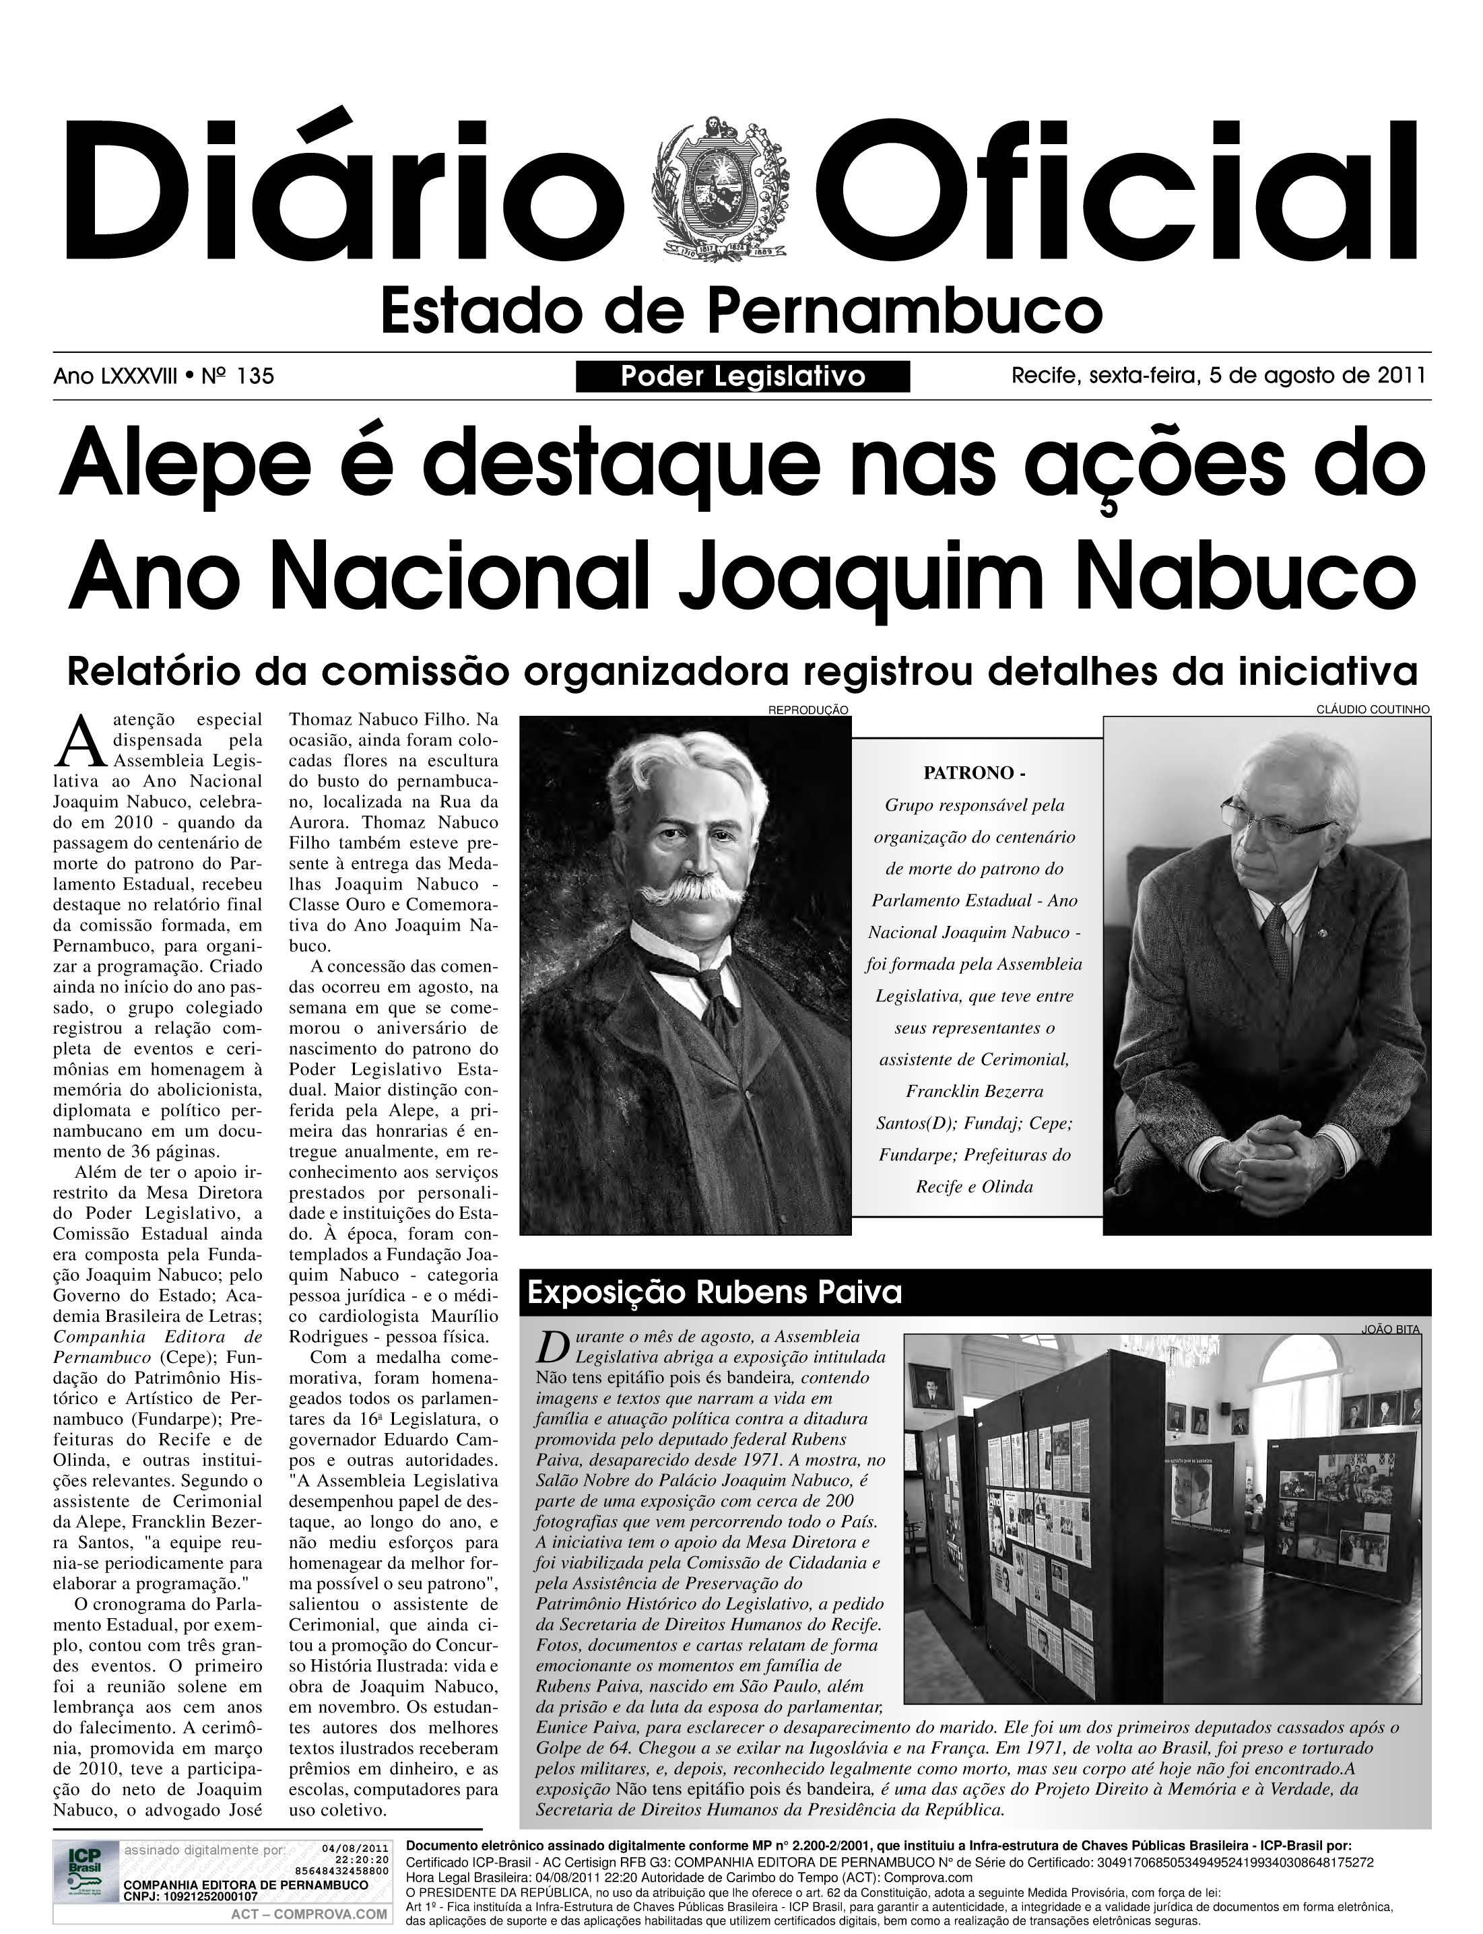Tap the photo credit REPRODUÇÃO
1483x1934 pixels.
click(x=808, y=710)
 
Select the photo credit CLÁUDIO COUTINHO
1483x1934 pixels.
click(x=1373, y=710)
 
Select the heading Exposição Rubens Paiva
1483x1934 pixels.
click(x=714, y=1292)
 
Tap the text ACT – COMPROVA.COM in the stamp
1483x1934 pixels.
click(x=309, y=1914)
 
